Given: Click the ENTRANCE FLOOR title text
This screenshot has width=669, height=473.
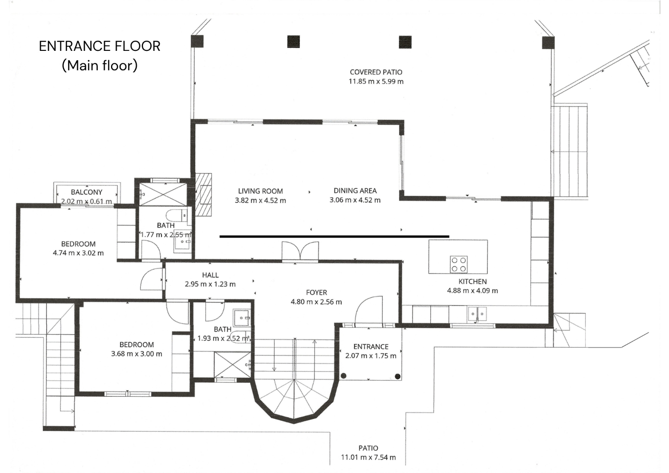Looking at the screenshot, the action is (x=99, y=46).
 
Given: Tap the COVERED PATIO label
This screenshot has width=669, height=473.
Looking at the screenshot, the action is (x=376, y=72).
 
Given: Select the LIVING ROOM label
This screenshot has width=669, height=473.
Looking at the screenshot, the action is (x=260, y=191).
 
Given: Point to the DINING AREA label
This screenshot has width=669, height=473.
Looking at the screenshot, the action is (x=355, y=191).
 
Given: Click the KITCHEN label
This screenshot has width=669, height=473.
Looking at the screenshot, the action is (x=472, y=282).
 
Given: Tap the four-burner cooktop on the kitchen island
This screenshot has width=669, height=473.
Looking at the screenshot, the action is (x=459, y=265).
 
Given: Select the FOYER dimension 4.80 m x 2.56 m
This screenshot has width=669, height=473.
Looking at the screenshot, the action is (x=316, y=302).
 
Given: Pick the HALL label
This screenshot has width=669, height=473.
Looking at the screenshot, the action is (x=210, y=275).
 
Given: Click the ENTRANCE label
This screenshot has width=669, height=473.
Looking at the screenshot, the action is (x=371, y=347).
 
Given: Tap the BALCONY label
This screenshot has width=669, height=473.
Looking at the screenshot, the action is (x=87, y=192).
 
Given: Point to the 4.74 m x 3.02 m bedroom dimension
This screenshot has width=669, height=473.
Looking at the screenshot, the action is (x=78, y=253).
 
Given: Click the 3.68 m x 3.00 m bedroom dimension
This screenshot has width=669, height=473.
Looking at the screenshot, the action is (x=136, y=354).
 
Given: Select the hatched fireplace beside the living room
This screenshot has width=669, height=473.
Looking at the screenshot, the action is (x=203, y=195).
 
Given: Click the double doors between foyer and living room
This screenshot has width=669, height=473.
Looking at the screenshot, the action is (x=300, y=251).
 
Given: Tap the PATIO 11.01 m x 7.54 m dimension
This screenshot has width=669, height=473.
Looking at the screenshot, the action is (x=368, y=457).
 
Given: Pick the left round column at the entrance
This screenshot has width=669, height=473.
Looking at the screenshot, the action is (x=344, y=376).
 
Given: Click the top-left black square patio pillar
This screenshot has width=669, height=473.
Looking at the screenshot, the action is (x=197, y=41).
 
